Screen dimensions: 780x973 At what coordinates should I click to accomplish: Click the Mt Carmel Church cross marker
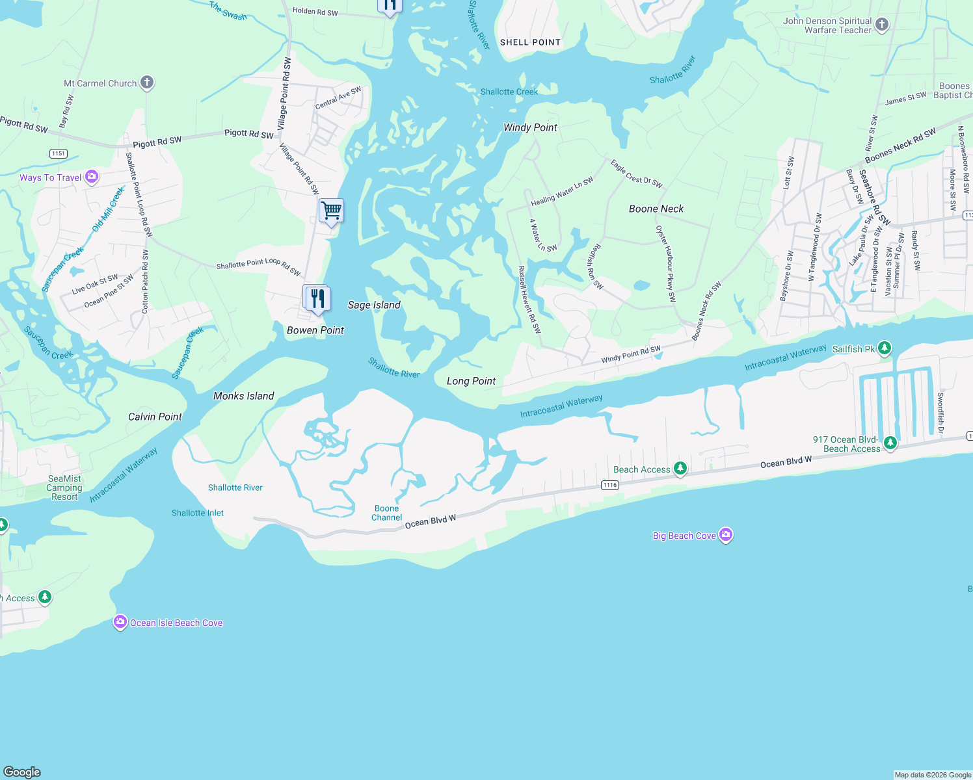click(x=147, y=83)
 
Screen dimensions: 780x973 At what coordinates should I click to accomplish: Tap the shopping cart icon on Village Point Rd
click(x=331, y=211)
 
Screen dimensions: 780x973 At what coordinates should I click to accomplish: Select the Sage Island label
click(x=374, y=305)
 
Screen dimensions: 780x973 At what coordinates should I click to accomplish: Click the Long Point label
click(x=471, y=381)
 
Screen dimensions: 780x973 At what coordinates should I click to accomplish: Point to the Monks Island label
click(x=243, y=396)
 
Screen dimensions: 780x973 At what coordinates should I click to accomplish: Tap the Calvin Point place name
click(x=155, y=417)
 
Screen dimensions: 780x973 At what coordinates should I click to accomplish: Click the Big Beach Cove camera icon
click(x=726, y=535)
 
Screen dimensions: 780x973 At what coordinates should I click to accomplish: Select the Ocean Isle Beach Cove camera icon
click(x=120, y=622)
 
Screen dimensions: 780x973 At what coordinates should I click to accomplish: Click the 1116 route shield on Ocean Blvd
click(x=609, y=485)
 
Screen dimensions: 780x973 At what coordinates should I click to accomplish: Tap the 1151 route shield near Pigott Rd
click(x=59, y=153)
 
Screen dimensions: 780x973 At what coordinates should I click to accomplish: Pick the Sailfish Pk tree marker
click(x=884, y=348)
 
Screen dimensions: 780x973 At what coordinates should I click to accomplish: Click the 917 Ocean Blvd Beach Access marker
click(x=890, y=443)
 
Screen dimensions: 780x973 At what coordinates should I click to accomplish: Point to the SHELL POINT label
click(x=530, y=42)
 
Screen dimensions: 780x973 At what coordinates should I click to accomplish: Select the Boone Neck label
click(x=656, y=209)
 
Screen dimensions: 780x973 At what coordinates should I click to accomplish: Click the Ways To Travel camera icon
click(x=92, y=177)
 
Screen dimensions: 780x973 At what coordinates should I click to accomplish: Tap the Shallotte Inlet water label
click(x=198, y=513)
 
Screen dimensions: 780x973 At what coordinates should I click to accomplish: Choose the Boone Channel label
click(x=386, y=513)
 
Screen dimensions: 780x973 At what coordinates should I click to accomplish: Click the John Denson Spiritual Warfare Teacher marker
click(x=882, y=25)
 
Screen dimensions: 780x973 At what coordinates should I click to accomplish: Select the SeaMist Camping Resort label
click(x=64, y=487)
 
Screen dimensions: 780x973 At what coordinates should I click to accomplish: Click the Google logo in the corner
click(x=22, y=772)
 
